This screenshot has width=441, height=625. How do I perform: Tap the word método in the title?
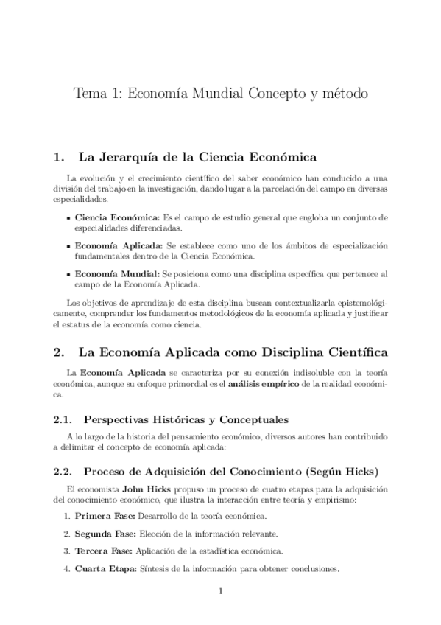pos(341,96)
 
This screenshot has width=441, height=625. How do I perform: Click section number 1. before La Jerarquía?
pos(60,157)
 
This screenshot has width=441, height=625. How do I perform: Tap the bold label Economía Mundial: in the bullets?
pos(116,273)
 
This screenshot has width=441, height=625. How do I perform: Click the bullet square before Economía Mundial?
pos(68,273)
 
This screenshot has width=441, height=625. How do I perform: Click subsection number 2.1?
pos(63,420)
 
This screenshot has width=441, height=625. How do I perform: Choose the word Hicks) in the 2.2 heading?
pos(363,470)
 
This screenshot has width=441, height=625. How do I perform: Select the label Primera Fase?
pos(105,516)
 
